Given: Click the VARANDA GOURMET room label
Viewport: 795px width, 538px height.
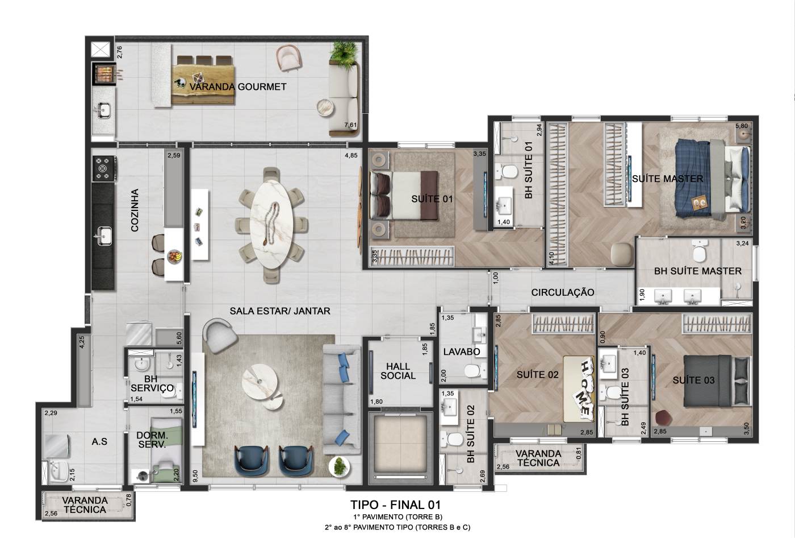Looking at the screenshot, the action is [x=238, y=86].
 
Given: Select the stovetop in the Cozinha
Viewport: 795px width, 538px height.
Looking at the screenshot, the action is [x=103, y=168].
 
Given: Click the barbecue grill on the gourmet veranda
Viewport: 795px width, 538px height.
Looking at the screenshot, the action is [x=103, y=73].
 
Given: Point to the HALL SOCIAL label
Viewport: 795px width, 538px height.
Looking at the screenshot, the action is [x=398, y=371].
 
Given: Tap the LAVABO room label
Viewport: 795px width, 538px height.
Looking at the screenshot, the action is [x=461, y=352].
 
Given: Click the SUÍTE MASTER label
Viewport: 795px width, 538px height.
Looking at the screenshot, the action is [x=667, y=179].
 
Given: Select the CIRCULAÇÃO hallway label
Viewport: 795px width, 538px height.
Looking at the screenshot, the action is [x=563, y=292].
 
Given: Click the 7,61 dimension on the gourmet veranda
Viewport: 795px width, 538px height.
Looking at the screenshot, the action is [x=350, y=125].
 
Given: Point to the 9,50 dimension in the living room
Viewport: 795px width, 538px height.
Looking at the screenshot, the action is [x=195, y=476].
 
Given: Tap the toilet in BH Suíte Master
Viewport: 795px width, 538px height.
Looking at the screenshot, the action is [x=700, y=251].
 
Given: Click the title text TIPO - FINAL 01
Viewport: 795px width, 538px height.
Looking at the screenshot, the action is [x=396, y=504].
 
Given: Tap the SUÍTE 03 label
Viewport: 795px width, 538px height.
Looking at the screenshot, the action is [x=693, y=380].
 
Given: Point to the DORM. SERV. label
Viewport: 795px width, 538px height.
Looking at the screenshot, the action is [x=152, y=440].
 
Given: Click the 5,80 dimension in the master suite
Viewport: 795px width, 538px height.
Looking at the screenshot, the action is [x=742, y=126].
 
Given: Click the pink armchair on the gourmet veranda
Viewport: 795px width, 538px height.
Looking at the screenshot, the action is [x=289, y=59].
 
